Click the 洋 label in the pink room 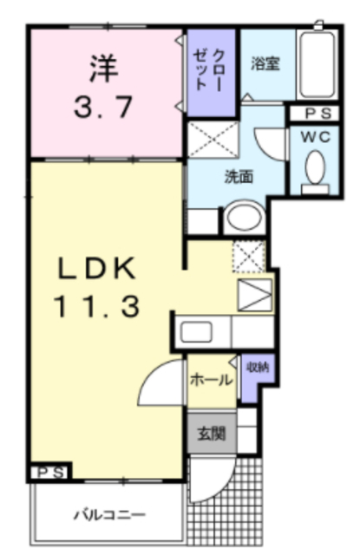pyautogui.click(x=103, y=69)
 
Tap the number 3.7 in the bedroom pyautogui.click(x=103, y=107)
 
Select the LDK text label pyautogui.click(x=96, y=268)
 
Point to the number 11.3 pyautogui.click(x=96, y=306)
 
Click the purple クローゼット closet pyautogui.click(x=211, y=73)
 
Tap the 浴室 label pyautogui.click(x=265, y=63)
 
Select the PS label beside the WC pyautogui.click(x=317, y=114)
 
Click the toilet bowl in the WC pyautogui.click(x=315, y=167)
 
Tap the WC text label pyautogui.click(x=316, y=137)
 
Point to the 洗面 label pyautogui.click(x=239, y=176)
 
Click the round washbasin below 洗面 pyautogui.click(x=245, y=217)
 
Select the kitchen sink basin pyautogui.click(x=196, y=332)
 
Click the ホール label pyautogui.click(x=212, y=380)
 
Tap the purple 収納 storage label pyautogui.click(x=258, y=368)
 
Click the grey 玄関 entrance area pyautogui.click(x=212, y=433)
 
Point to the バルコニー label pyautogui.click(x=109, y=514)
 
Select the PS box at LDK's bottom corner pyautogui.click(x=50, y=472)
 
